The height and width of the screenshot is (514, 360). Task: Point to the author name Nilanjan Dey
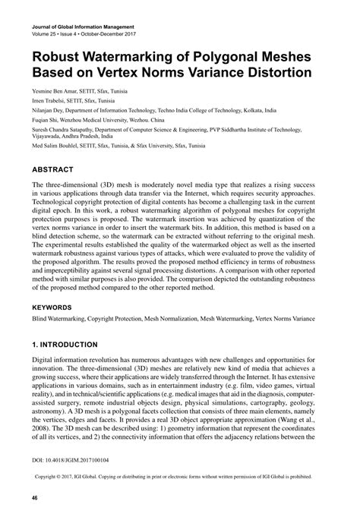coord(51,109)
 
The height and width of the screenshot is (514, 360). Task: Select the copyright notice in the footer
coord(179,478)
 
